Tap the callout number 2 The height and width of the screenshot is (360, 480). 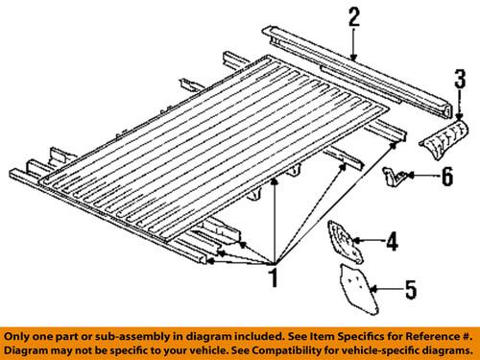coord(354,15)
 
